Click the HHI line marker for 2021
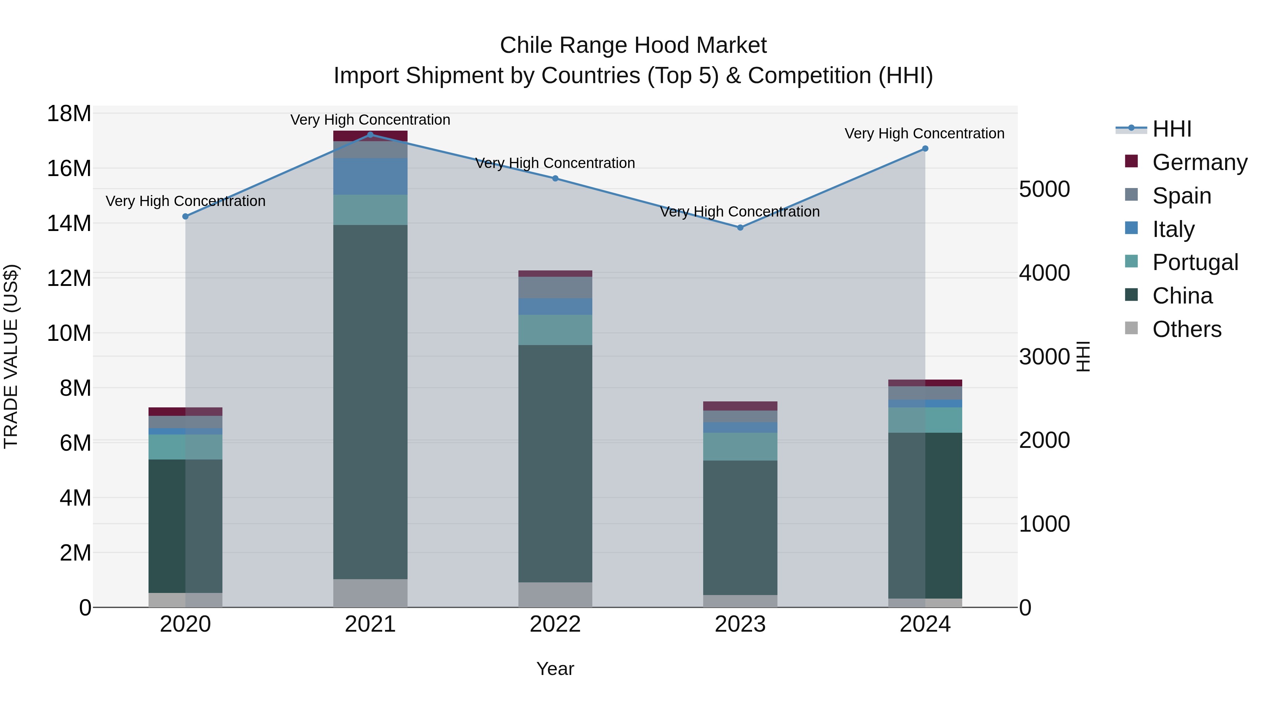point(370,135)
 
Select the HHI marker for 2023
point(740,227)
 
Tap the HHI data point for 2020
point(185,217)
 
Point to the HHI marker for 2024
point(925,149)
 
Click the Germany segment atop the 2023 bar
point(740,406)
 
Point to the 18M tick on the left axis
point(69,114)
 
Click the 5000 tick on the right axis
point(1044,189)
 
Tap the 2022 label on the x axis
point(555,624)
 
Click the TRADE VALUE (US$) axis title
point(11,356)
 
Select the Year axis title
point(555,669)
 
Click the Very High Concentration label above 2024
point(924,133)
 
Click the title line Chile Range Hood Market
point(633,45)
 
